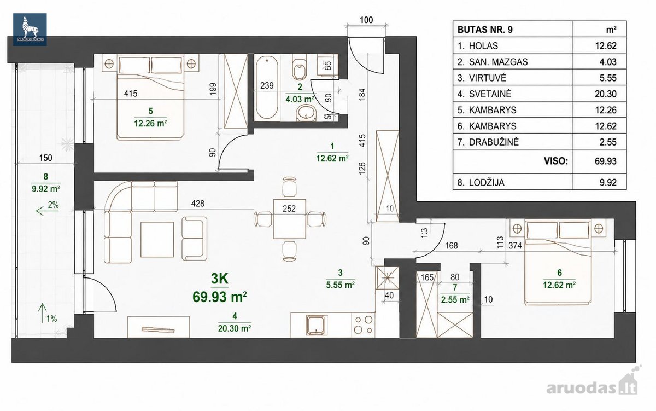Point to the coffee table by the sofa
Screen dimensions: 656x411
click(157, 239)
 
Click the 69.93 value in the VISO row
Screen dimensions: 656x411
click(606, 161)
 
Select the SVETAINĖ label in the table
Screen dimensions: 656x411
click(490, 94)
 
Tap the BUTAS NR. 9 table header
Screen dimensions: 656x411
click(485, 30)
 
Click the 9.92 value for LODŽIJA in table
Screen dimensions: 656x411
click(608, 182)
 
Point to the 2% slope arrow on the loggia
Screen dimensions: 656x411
click(43, 211)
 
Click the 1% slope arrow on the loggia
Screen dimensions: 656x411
click(43, 312)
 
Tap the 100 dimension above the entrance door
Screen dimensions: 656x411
click(366, 20)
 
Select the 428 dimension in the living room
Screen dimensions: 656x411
click(198, 203)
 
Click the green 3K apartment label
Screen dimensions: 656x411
click(220, 279)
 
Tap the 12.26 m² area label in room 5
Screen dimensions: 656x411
click(150, 123)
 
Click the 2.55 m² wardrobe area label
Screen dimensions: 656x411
click(455, 300)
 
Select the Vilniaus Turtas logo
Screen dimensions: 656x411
click(30, 30)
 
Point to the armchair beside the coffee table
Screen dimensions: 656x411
click(194, 238)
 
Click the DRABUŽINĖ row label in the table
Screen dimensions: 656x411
click(494, 142)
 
